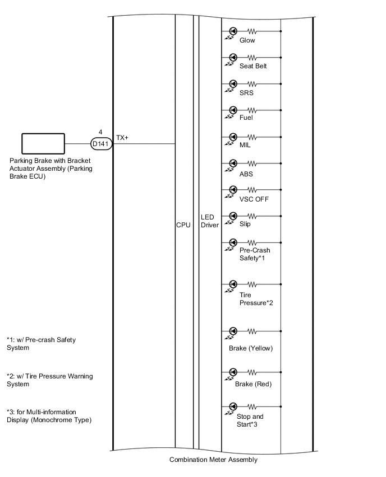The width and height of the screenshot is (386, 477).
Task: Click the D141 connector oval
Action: click(x=102, y=144)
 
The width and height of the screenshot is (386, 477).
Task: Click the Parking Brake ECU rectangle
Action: click(x=43, y=144)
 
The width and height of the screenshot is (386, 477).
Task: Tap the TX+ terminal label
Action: click(x=122, y=137)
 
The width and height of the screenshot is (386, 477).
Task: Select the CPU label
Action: click(x=183, y=225)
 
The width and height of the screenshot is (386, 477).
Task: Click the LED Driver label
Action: click(x=210, y=221)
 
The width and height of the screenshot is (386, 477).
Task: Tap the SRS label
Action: click(x=246, y=93)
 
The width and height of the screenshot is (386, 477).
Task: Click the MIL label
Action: click(x=245, y=146)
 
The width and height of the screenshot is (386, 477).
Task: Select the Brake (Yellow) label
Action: click(x=251, y=348)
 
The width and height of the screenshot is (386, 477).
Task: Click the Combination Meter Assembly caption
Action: click(x=213, y=460)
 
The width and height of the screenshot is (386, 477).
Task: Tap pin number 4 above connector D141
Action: click(x=100, y=132)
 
